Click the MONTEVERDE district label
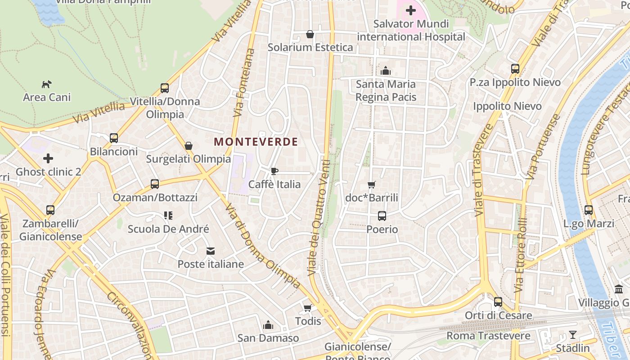256,142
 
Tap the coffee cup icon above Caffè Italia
274,171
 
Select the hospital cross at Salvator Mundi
410,10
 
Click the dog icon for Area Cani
47,84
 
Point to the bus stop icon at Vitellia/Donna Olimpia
165,88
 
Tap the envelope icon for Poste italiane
211,251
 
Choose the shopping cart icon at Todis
308,308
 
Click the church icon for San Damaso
268,325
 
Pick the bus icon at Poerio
382,216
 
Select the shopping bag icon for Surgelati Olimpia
189,146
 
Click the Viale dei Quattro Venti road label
319,218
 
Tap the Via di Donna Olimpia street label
263,246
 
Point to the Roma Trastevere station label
488,336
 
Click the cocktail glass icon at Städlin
572,335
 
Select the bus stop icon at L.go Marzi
588,210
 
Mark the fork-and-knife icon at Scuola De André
168,216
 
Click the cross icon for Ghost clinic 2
48,158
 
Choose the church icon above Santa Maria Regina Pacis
386,71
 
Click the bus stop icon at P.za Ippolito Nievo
515,69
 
